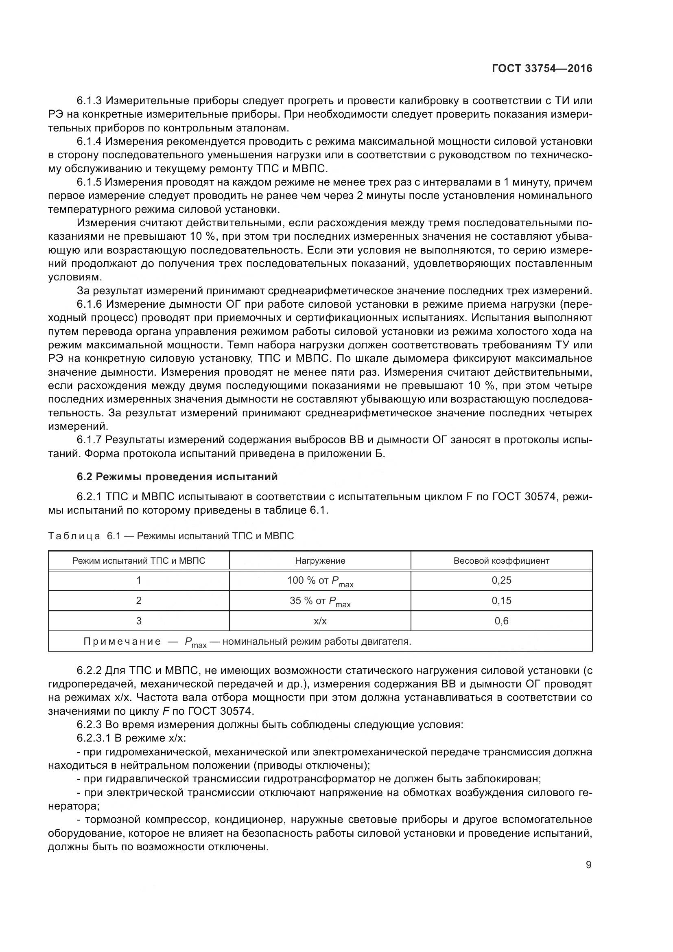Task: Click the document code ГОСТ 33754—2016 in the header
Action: (x=542, y=69)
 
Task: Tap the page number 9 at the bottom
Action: (x=588, y=865)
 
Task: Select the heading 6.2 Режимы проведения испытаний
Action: (x=177, y=477)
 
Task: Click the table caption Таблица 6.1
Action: (x=84, y=536)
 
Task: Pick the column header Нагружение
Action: (x=320, y=561)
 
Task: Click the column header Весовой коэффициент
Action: (x=501, y=561)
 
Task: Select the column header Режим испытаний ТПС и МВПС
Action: (x=139, y=561)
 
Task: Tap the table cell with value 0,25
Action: (x=501, y=580)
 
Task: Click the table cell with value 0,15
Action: (x=501, y=600)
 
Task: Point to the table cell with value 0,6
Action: (x=501, y=621)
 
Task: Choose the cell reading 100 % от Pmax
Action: (x=320, y=581)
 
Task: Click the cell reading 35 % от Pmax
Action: (x=320, y=601)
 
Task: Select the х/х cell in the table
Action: (x=320, y=621)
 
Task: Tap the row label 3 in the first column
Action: (x=139, y=621)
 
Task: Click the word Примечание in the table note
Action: (x=122, y=642)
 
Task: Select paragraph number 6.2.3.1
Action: (x=95, y=738)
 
